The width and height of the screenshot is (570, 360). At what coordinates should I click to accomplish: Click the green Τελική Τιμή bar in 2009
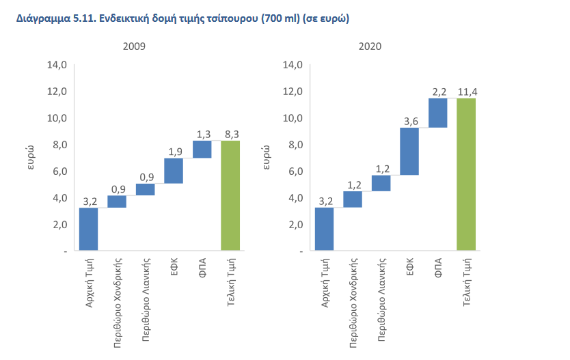[230, 195]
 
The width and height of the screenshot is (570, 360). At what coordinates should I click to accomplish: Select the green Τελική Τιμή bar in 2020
[466, 174]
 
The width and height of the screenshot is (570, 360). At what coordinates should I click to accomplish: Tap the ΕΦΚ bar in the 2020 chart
[409, 151]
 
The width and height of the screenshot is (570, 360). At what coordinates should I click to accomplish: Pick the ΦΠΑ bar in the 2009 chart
[202, 149]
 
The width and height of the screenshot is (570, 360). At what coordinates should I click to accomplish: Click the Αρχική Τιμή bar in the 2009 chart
[89, 229]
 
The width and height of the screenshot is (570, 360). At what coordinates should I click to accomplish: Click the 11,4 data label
[466, 92]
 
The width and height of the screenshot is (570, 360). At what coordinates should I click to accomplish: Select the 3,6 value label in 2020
[409, 121]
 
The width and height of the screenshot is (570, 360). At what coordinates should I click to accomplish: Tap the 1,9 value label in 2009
[174, 152]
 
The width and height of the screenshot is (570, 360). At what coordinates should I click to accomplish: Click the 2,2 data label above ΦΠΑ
[438, 92]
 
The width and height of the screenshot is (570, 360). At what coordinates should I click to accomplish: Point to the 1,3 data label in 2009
[202, 134]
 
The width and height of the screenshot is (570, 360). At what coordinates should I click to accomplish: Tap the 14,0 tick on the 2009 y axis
[56, 65]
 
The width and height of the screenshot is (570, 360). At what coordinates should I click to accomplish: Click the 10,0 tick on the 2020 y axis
[293, 118]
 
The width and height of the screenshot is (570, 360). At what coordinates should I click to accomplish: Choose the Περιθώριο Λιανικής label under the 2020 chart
[382, 299]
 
